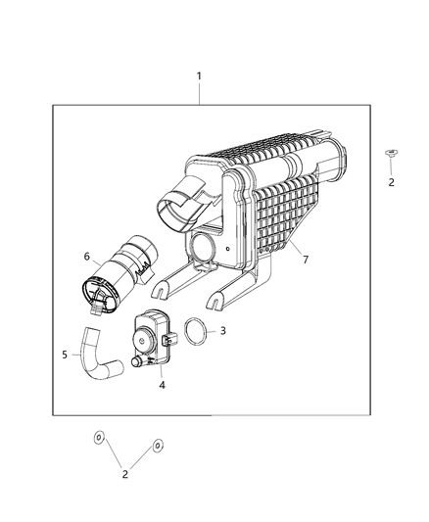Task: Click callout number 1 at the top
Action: pos(199,76)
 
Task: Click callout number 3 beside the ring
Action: pos(222,331)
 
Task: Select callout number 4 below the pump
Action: pos(162,385)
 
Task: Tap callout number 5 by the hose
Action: pos(66,355)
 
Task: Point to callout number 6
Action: pos(86,257)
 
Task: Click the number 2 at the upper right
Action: pos(391,182)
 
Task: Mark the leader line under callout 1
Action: pos(199,95)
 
